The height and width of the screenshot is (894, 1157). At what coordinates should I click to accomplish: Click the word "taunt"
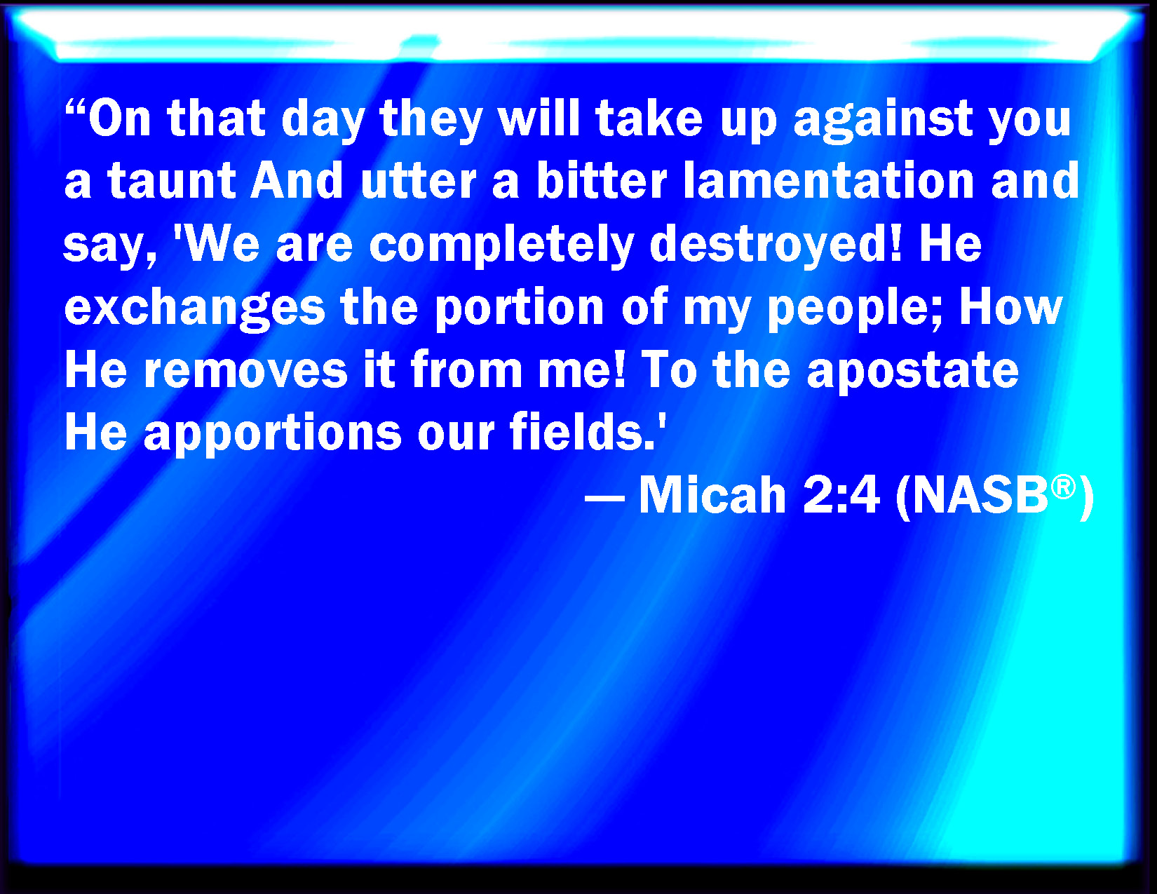tap(172, 181)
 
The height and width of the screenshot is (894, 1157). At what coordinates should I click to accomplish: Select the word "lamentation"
tap(829, 180)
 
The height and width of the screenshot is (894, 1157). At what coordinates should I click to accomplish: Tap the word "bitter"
tap(602, 180)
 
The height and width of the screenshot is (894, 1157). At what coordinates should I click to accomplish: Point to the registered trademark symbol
tap(1063, 487)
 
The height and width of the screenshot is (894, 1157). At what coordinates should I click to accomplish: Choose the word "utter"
tap(418, 181)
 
